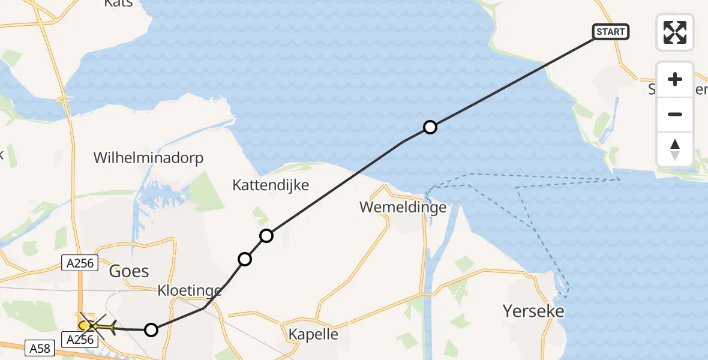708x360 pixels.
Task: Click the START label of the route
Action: [x=611, y=32]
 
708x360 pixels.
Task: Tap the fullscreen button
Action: [x=675, y=32]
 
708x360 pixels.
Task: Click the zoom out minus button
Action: [x=675, y=114]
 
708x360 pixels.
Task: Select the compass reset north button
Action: [x=675, y=149]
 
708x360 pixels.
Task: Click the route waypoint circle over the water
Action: [x=430, y=127]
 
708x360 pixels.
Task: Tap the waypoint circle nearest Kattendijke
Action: [x=266, y=236]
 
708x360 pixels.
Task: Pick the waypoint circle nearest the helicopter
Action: [x=151, y=329]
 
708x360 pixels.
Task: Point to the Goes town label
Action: [x=129, y=271]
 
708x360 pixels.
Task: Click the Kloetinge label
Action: [x=189, y=292]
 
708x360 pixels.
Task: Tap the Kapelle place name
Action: [x=313, y=334]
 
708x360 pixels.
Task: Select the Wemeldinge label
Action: [x=403, y=208]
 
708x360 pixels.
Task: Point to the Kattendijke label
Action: [x=271, y=185]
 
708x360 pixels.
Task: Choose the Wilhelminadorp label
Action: [x=149, y=158]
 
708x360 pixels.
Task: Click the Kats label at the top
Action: [x=118, y=4]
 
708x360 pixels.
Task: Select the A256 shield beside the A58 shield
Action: [x=79, y=340]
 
